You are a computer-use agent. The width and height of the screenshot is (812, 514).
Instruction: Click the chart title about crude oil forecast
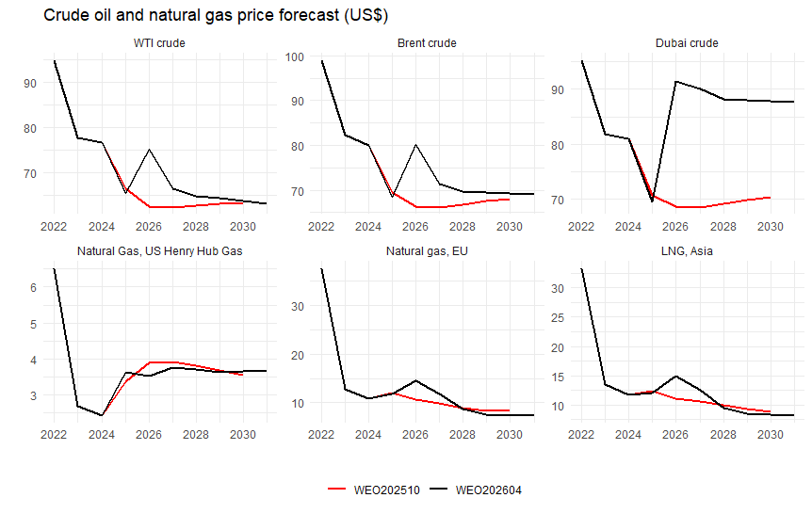click(203, 16)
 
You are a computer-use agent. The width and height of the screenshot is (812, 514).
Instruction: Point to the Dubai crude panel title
click(687, 43)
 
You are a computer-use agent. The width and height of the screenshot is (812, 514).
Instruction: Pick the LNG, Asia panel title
click(687, 250)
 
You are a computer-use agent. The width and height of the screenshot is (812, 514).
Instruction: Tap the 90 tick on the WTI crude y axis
click(29, 83)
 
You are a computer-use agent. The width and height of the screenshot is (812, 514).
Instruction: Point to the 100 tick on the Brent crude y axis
click(292, 56)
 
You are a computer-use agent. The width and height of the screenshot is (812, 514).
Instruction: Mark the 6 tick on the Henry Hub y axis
click(32, 287)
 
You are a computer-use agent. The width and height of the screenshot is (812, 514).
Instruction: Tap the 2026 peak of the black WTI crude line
click(149, 150)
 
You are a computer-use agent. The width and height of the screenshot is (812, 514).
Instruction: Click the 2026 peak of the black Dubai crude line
click(675, 81)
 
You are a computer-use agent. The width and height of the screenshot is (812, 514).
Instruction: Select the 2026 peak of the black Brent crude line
click(415, 145)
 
